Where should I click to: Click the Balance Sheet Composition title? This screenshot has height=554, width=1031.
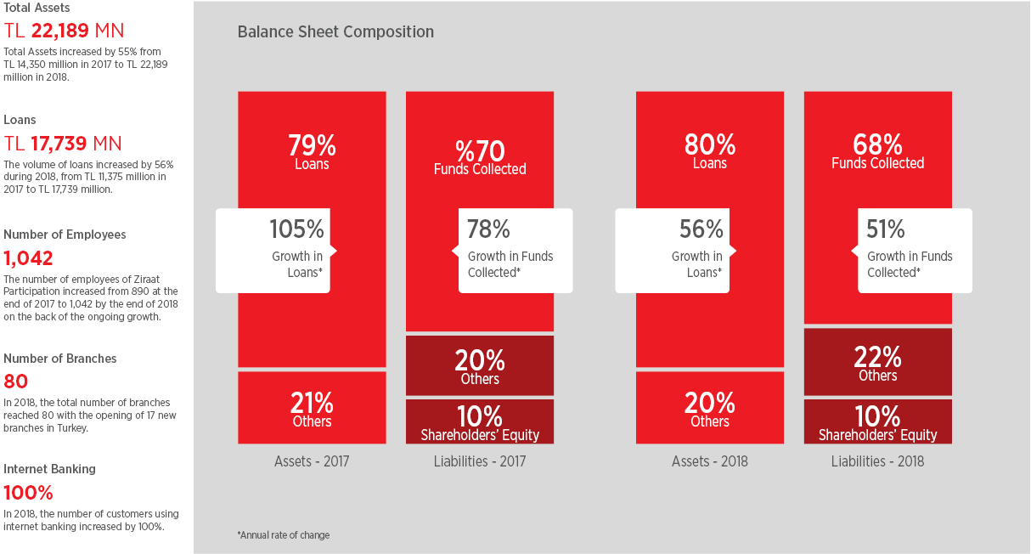(x=335, y=31)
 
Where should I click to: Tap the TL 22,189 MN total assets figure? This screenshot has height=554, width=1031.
(x=64, y=31)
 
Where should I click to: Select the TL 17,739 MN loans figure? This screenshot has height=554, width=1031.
(x=63, y=144)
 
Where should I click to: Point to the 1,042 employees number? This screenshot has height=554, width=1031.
(x=28, y=258)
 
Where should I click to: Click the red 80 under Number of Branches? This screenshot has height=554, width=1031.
(x=15, y=382)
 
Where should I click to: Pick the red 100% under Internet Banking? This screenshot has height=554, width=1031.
(x=28, y=493)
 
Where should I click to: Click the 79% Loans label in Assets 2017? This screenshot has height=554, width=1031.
(x=312, y=152)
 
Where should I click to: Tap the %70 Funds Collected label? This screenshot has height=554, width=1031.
(x=480, y=158)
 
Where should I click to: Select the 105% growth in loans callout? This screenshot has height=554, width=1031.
(x=276, y=251)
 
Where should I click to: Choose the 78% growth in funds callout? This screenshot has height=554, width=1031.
(x=512, y=251)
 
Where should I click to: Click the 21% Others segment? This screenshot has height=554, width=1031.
(x=312, y=408)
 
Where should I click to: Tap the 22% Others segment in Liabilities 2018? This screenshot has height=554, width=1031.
(x=878, y=361)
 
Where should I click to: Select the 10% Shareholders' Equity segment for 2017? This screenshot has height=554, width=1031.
(x=480, y=421)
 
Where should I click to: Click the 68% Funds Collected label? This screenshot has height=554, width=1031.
(x=878, y=151)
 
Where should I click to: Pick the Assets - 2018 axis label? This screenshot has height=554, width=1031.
(x=710, y=461)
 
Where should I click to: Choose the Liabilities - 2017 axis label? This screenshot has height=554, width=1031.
(x=480, y=461)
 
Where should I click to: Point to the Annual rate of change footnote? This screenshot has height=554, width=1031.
(x=284, y=535)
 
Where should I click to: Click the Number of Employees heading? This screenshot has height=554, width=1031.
(x=65, y=235)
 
